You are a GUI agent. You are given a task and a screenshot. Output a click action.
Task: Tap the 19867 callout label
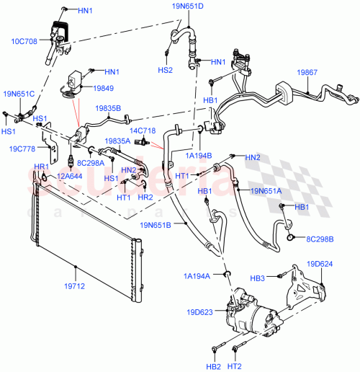tap(307, 73)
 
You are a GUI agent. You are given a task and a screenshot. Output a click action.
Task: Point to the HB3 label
tap(278, 278)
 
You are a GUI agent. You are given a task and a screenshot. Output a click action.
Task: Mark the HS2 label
tap(166, 70)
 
